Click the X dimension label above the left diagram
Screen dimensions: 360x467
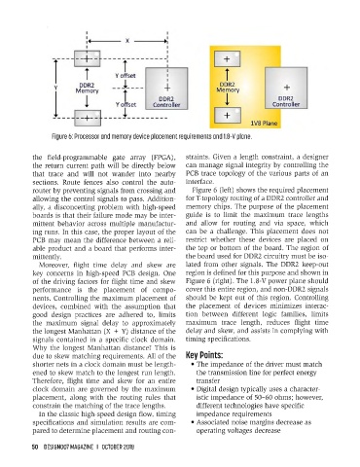click(x=127, y=41)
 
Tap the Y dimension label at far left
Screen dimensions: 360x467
click(x=55, y=88)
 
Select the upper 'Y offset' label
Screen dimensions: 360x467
click(x=126, y=76)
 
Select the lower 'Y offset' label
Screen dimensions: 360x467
click(x=126, y=104)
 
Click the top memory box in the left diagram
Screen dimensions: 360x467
click(x=87, y=58)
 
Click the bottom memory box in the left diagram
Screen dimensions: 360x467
click(x=88, y=118)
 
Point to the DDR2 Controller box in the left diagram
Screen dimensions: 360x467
click(x=166, y=89)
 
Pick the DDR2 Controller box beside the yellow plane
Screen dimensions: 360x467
click(x=286, y=88)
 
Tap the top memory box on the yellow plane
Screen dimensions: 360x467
click(x=228, y=59)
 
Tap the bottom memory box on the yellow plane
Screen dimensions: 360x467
click(x=228, y=116)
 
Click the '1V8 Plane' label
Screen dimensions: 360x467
click(x=264, y=124)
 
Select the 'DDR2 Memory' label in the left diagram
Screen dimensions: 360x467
click(x=87, y=89)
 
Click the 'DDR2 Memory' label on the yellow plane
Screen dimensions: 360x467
click(x=228, y=88)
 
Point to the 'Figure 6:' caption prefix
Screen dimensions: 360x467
click(x=62, y=136)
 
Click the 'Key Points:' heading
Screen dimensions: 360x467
click(x=204, y=355)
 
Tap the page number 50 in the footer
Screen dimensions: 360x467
click(x=35, y=447)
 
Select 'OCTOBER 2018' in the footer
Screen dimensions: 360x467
click(x=118, y=447)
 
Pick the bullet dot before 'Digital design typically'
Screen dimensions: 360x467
click(x=193, y=389)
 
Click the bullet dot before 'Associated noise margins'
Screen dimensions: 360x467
click(x=193, y=422)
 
